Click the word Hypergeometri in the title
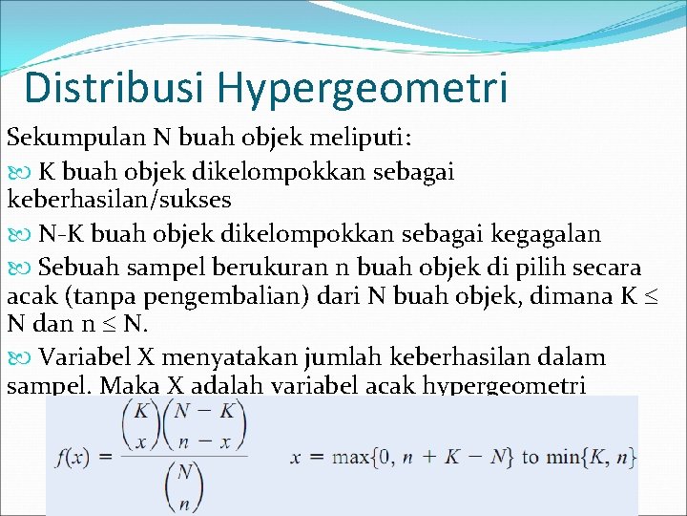pyautogui.click(x=362, y=89)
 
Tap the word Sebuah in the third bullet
pyautogui.click(x=80, y=265)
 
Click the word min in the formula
pyautogui.click(x=561, y=457)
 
